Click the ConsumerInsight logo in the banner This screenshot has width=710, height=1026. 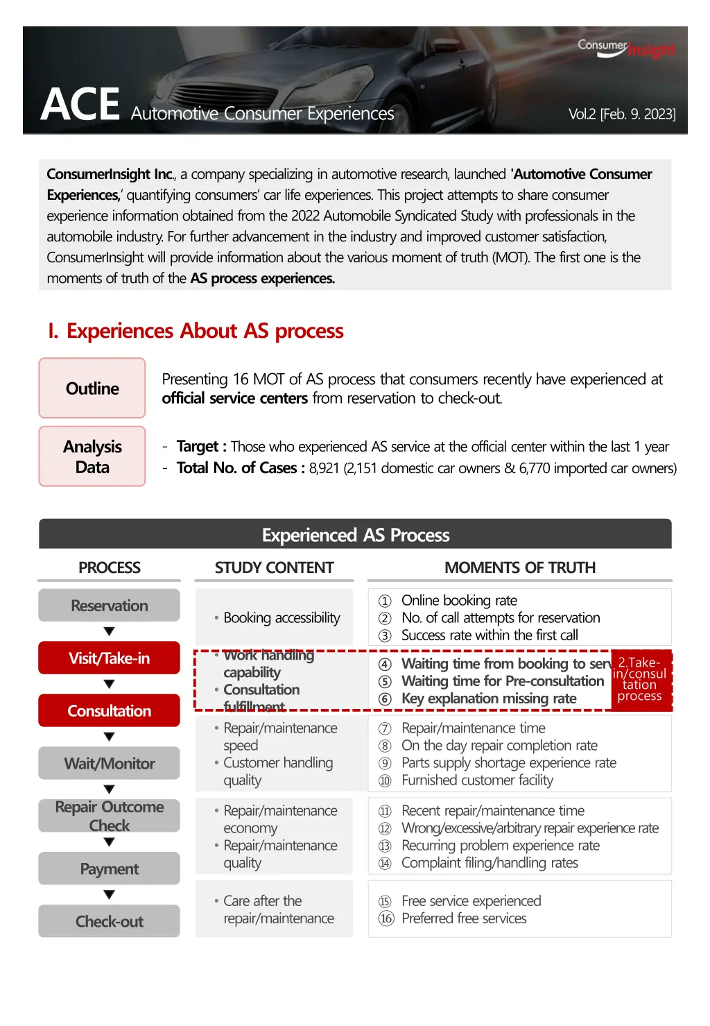coord(626,48)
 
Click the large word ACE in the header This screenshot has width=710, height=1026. coord(80,105)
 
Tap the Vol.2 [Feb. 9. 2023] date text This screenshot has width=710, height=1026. coord(622,114)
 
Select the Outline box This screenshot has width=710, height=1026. coord(92,388)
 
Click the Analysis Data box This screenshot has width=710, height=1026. coord(92,456)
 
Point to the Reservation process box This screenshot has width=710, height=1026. coord(109,606)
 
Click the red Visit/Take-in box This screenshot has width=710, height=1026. coord(109,658)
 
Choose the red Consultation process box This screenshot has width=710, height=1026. coord(109,711)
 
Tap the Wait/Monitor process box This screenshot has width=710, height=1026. coord(109,764)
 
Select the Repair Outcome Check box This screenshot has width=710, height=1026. coord(109,816)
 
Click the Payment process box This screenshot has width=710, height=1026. coord(109,869)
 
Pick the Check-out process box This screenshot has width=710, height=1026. coord(109,921)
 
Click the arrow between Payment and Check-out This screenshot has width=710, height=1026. coord(109,895)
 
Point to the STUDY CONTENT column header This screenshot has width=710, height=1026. coord(274,567)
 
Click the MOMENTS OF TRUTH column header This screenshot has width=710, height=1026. coord(520,567)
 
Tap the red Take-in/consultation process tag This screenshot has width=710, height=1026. coord(641,679)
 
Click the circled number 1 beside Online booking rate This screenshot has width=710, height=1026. coord(385,601)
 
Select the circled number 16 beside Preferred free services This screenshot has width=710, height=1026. coord(386,918)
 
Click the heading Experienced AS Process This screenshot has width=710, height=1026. coord(356,535)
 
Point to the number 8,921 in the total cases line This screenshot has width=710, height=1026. coord(324,468)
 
